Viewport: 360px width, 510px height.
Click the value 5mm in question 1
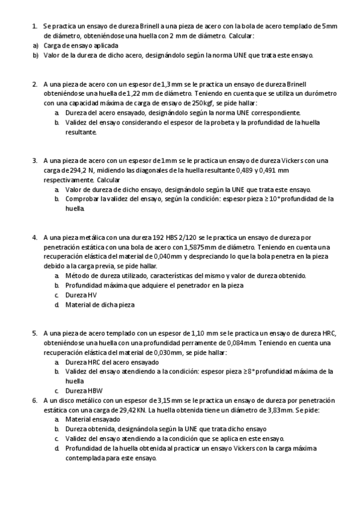329,26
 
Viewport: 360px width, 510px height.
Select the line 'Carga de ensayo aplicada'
81,46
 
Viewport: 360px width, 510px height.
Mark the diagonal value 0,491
281,170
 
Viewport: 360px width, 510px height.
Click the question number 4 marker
35,238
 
